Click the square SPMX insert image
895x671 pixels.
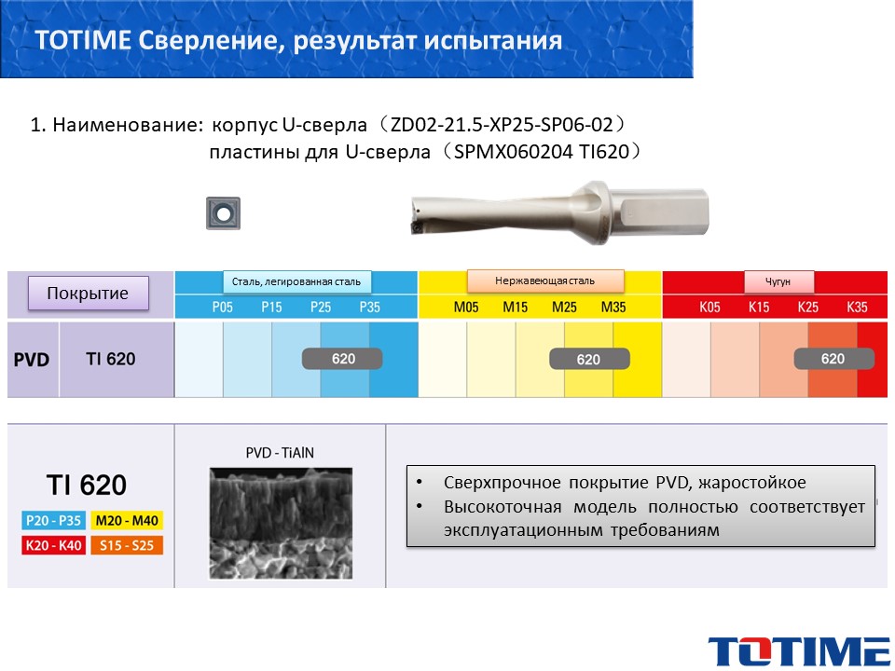pos(223,213)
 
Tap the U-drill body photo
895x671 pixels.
pos(560,213)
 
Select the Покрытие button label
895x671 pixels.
pos(88,294)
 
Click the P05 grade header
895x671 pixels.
pos(223,307)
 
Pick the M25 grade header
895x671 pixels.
pos(564,307)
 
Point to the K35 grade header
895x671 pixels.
pos(857,307)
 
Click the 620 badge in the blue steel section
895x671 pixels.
pos(342,358)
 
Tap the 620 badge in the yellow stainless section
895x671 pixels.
pos(589,359)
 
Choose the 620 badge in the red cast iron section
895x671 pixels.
pos(833,358)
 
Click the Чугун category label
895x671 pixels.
pos(778,281)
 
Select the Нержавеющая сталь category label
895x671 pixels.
pos(545,281)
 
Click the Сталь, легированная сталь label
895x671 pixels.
pos(296,281)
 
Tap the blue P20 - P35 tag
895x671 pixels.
pos(53,520)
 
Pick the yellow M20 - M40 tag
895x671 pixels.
pos(127,520)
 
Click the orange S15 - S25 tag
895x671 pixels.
pos(127,545)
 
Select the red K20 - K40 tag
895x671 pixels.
pos(53,545)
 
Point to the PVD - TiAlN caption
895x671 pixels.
pos(280,453)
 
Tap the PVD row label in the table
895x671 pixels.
pos(32,360)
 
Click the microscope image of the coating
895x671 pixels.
pos(281,523)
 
